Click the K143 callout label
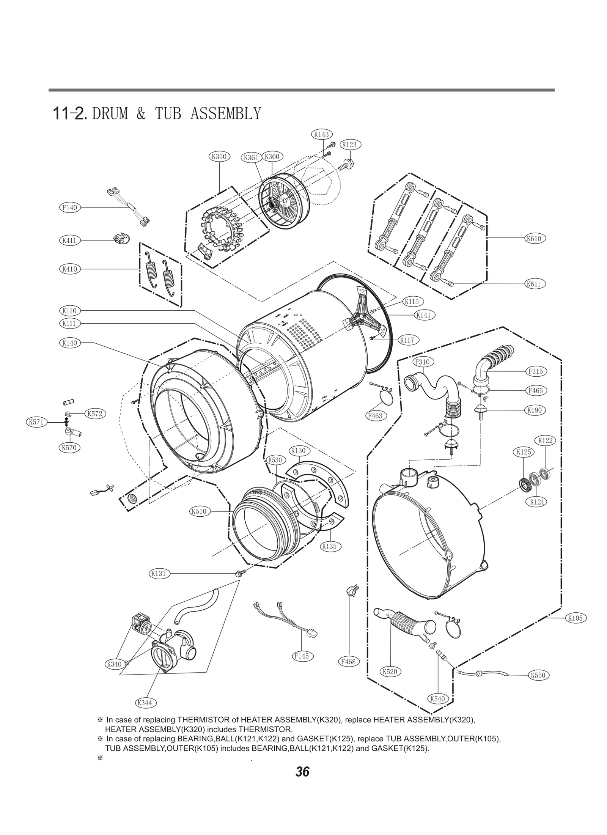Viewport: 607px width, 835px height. (321, 134)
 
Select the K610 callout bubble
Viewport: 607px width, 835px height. (535, 239)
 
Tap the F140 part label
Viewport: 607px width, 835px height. (70, 208)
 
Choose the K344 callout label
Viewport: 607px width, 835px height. (145, 703)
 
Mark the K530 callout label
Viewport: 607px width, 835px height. (275, 460)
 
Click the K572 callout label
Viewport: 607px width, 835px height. (95, 414)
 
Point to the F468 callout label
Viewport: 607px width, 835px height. (348, 662)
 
